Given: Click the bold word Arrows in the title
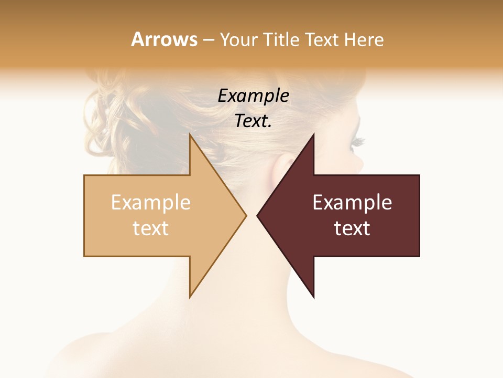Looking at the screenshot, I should (164, 39).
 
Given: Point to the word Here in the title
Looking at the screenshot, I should (364, 39).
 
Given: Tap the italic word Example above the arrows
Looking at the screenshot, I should (253, 96).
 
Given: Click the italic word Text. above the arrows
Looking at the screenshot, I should (253, 121).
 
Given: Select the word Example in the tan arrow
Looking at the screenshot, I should (150, 202).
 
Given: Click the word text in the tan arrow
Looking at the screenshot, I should (150, 228).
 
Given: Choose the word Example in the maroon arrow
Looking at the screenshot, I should (352, 202).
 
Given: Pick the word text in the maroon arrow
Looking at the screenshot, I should (352, 228).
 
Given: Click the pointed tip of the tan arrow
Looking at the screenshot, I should (246, 215).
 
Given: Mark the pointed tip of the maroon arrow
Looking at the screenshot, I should (257, 215).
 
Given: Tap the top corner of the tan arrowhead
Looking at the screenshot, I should (190, 135).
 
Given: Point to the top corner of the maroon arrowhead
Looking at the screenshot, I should (313, 135).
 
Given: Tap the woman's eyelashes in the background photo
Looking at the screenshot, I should (358, 141).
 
